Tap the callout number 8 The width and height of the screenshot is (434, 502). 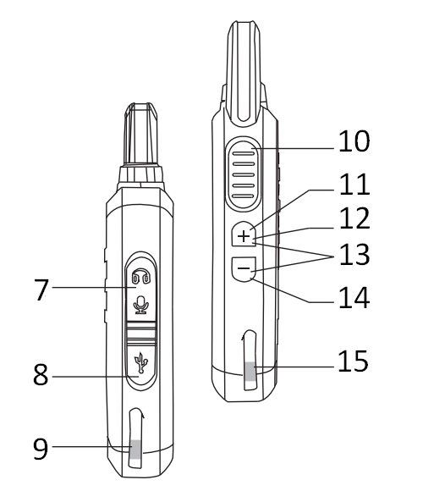(40, 376)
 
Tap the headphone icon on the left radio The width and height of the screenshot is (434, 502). (140, 277)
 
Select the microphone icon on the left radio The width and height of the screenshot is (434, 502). (140, 303)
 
